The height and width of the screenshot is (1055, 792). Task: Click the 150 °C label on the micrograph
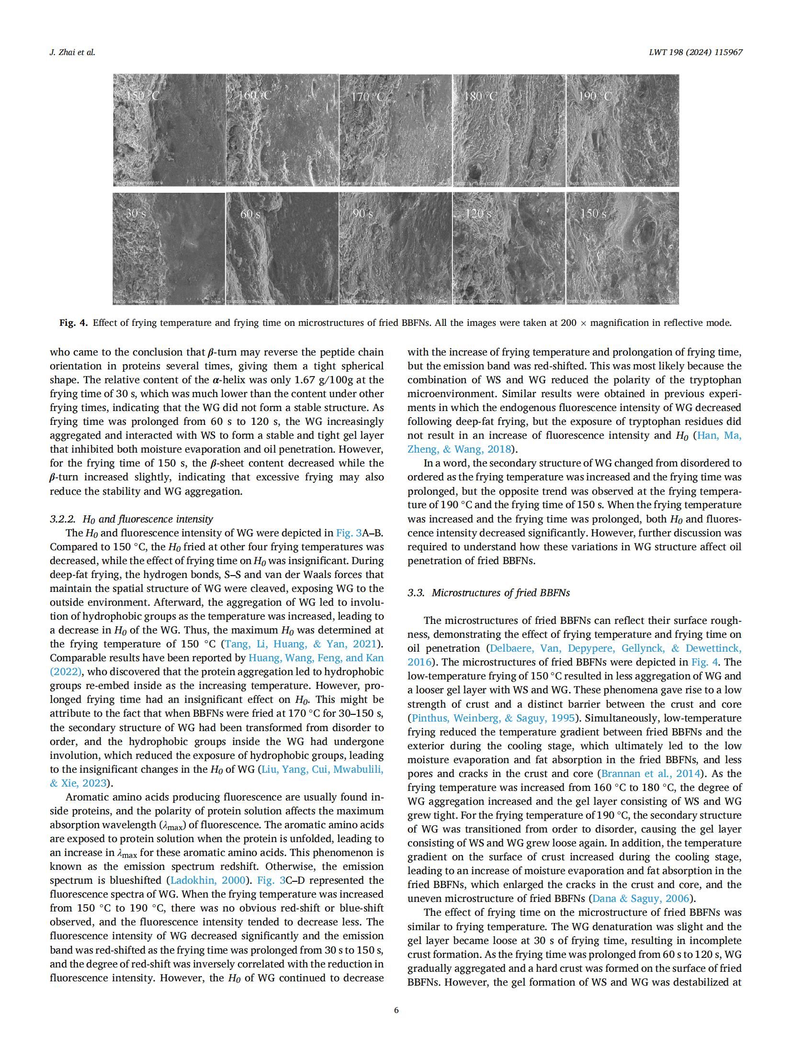coord(142,96)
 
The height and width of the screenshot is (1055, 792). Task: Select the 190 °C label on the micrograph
coord(595,96)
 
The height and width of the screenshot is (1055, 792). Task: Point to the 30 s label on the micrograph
coord(136,213)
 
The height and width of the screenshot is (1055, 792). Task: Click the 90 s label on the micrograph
coord(363,213)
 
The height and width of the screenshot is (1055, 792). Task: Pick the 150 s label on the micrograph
coord(593,213)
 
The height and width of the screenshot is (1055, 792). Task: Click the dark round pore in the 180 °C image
coord(475,170)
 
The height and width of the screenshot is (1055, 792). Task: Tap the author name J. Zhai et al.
coord(72,52)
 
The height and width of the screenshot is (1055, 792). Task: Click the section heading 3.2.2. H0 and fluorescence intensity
coord(131,519)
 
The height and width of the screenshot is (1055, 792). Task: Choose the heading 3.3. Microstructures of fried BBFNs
coord(488,593)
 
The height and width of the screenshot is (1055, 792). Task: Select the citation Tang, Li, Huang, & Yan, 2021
coord(302,644)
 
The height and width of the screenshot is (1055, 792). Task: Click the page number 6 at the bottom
coord(396,1011)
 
